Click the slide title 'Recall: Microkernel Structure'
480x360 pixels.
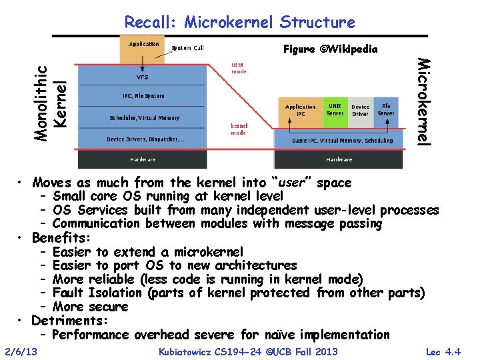(x=240, y=22)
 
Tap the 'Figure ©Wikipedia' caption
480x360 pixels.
(x=331, y=49)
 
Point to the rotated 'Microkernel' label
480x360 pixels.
(x=423, y=101)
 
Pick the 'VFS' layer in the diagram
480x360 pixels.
(x=143, y=77)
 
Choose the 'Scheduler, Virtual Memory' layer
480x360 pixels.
(x=144, y=118)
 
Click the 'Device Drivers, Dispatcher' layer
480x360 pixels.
(x=146, y=139)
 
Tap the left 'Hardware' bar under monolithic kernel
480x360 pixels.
(x=143, y=160)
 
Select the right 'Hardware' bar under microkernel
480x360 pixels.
(x=339, y=160)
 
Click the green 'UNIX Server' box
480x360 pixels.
(x=335, y=109)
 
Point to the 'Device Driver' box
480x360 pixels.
(x=361, y=110)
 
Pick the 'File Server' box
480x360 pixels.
(x=386, y=109)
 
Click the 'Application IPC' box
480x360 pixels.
(x=300, y=111)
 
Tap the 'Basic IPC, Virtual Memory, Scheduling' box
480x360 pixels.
(x=343, y=141)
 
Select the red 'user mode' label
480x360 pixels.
(x=238, y=68)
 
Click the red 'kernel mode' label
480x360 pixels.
(x=239, y=128)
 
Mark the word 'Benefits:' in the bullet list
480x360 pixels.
(x=61, y=237)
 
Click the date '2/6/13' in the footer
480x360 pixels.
(x=21, y=351)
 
